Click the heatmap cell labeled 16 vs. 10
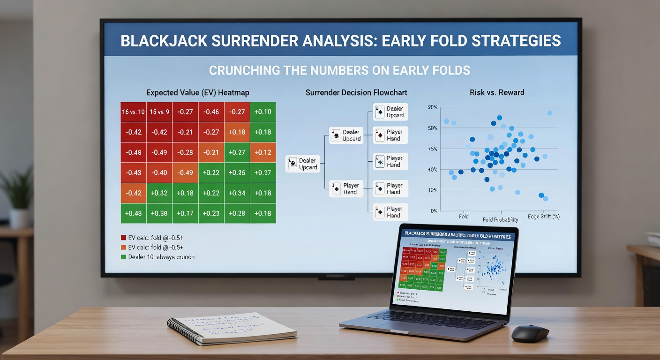tap(134, 112)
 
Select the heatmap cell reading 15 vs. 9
tap(159, 112)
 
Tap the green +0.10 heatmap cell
tap(263, 112)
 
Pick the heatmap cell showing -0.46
tap(211, 112)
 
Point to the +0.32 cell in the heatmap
tap(159, 193)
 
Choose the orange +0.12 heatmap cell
tap(263, 152)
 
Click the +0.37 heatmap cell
tap(263, 173)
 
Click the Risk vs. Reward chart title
tap(497, 92)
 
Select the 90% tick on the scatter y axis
tap(433, 107)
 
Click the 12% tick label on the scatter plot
tap(433, 190)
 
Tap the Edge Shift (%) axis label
tap(543, 217)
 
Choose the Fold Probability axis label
tap(501, 219)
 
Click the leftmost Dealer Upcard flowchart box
tap(303, 164)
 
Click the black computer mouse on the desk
tap(530, 333)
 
